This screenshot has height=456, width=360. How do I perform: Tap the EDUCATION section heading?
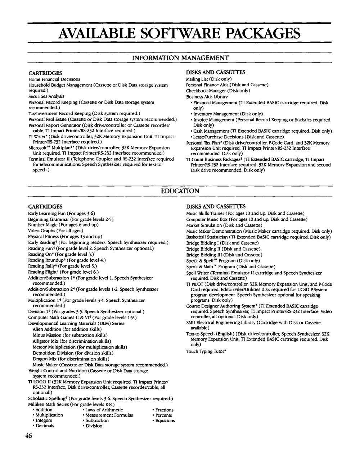(x=180, y=191)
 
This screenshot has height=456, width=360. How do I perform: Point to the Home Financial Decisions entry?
(x=54, y=79)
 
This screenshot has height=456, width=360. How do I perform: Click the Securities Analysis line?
(x=46, y=96)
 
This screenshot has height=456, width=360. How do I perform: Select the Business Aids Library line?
(x=207, y=97)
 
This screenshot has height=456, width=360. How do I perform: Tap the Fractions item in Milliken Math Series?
(x=164, y=410)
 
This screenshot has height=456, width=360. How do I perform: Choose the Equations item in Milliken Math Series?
(x=165, y=420)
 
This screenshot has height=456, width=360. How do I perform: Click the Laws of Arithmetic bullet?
(x=104, y=410)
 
